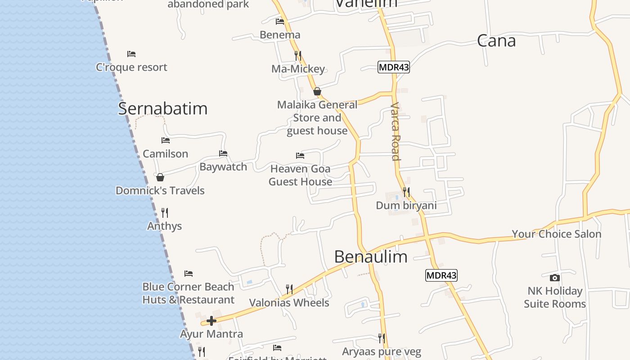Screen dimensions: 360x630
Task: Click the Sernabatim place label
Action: (x=163, y=108)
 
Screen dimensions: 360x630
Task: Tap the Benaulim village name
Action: (x=371, y=256)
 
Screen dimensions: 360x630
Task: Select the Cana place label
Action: (x=496, y=41)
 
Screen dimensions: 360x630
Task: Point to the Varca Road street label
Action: (x=395, y=131)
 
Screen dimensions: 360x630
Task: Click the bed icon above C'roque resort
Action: (x=131, y=54)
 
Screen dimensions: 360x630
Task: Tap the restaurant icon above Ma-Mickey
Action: (x=298, y=55)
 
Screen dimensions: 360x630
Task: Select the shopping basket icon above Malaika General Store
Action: (x=317, y=91)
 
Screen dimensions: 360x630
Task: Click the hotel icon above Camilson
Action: (x=166, y=140)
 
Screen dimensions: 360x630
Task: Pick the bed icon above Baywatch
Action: (x=223, y=153)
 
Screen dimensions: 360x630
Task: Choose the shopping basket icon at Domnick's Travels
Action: (x=160, y=177)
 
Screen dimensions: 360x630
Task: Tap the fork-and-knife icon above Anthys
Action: (x=165, y=212)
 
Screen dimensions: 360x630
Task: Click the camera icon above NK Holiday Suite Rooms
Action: (x=555, y=278)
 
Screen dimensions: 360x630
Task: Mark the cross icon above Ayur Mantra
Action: (x=211, y=321)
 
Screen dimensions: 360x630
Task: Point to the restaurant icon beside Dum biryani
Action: (x=406, y=192)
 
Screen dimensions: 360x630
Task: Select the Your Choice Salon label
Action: (x=556, y=234)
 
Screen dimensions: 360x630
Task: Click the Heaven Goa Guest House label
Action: (x=301, y=175)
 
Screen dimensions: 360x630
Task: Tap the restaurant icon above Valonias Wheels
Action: (x=289, y=289)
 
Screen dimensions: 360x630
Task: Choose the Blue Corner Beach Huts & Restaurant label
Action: (x=188, y=293)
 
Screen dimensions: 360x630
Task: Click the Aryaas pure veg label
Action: (x=382, y=351)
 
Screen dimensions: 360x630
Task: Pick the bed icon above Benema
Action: (x=280, y=22)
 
